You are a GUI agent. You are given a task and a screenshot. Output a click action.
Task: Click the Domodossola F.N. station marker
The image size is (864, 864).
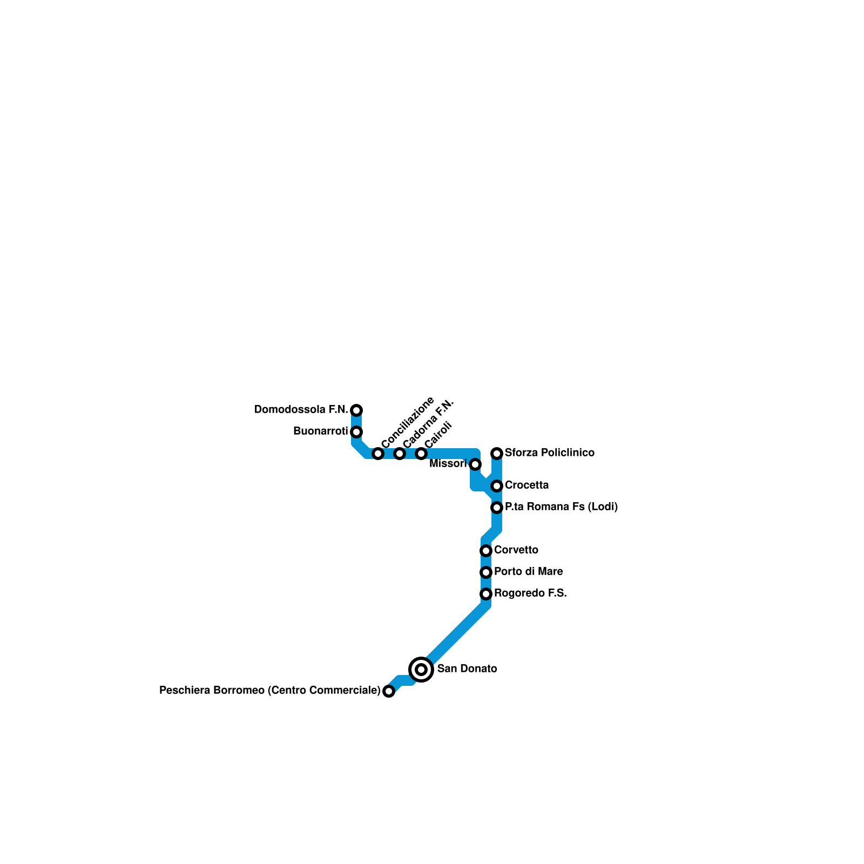[356, 410]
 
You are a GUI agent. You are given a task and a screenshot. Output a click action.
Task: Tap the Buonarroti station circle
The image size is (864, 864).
[356, 432]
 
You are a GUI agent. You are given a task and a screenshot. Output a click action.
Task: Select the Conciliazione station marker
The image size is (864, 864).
[378, 454]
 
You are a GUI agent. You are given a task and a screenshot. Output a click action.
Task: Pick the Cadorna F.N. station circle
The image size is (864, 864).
[400, 454]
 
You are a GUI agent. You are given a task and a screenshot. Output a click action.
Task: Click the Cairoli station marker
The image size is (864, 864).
[421, 454]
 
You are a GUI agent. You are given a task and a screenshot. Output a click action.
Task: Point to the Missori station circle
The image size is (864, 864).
[475, 464]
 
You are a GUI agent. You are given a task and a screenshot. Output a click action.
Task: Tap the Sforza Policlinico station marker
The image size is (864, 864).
[497, 454]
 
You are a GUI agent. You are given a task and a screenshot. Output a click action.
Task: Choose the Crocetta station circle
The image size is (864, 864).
[497, 486]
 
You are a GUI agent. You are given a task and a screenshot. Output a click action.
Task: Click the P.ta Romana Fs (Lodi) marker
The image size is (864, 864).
[497, 508]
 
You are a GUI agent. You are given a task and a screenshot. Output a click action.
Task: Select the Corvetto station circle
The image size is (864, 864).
[486, 551]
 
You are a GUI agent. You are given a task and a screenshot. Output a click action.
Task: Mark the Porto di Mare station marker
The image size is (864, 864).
[486, 572]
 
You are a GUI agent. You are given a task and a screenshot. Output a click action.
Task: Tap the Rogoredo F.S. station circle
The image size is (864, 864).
[486, 594]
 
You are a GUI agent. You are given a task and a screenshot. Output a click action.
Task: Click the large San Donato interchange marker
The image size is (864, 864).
[421, 670]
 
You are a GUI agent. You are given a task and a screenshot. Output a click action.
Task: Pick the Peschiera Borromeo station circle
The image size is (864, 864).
[389, 691]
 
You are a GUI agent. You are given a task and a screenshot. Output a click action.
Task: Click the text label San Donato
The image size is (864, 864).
[467, 669]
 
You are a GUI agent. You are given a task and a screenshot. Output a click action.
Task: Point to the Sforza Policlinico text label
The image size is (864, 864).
[549, 453]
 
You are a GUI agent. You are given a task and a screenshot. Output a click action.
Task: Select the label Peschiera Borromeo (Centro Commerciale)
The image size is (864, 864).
[270, 691]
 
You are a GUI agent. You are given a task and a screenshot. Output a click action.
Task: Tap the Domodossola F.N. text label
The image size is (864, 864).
[301, 410]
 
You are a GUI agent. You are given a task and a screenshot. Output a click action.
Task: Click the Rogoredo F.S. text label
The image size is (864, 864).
[530, 593]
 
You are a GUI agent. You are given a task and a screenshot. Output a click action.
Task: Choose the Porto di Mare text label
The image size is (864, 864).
[528, 572]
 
